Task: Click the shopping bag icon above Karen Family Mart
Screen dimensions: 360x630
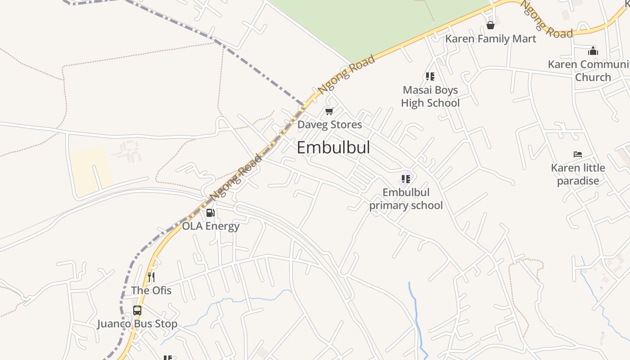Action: pyautogui.click(x=490, y=25)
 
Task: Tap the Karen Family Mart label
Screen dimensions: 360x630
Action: pyautogui.click(x=490, y=39)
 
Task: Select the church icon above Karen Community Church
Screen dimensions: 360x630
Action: pyautogui.click(x=593, y=50)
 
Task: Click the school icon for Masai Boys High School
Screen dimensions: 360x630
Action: pyautogui.click(x=430, y=76)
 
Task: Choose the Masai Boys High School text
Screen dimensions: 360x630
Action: pyautogui.click(x=430, y=96)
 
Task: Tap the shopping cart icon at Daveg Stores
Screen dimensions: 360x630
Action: pyautogui.click(x=329, y=111)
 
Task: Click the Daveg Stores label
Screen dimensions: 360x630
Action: pyautogui.click(x=329, y=125)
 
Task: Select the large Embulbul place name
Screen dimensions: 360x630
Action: pyautogui.click(x=333, y=148)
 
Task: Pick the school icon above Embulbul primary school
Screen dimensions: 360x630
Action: pyautogui.click(x=405, y=179)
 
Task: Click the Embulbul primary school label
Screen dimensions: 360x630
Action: pyautogui.click(x=406, y=199)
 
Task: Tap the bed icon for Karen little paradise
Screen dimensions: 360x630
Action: pyautogui.click(x=578, y=154)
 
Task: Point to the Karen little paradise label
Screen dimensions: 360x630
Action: pyautogui.click(x=578, y=174)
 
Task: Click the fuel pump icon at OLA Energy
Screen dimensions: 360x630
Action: pyautogui.click(x=210, y=213)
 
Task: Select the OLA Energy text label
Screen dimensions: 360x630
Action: pyautogui.click(x=211, y=226)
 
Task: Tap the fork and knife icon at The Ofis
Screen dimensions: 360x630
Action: pyautogui.click(x=151, y=277)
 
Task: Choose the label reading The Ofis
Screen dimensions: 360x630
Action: pyautogui.click(x=151, y=290)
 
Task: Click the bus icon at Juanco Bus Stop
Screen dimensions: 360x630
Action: pyautogui.click(x=137, y=310)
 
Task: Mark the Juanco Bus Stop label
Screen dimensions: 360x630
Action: pyautogui.click(x=137, y=324)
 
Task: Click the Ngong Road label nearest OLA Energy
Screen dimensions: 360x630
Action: pyautogui.click(x=236, y=177)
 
